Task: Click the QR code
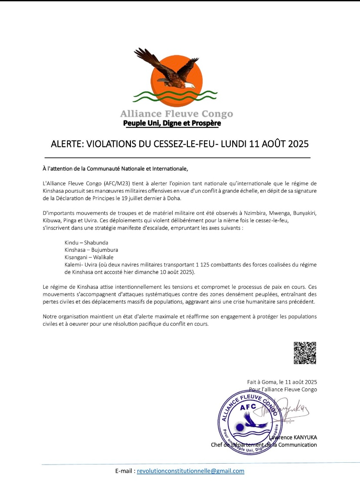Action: [x=305, y=353]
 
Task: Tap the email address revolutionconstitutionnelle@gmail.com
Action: [x=190, y=471]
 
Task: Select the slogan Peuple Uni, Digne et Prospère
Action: [x=172, y=123]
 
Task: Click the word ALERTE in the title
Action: [x=69, y=144]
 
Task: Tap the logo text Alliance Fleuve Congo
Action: [x=177, y=114]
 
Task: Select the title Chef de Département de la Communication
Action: [x=263, y=445]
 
